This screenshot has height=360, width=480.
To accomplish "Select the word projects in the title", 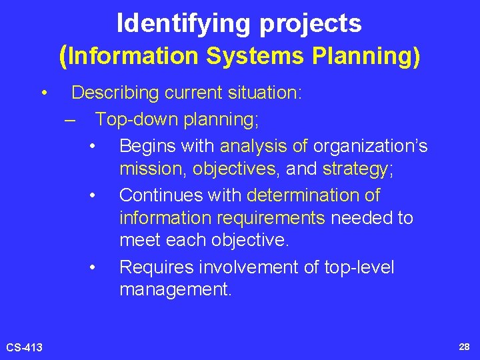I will [311, 24].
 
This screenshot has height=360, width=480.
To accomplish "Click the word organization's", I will [371, 146].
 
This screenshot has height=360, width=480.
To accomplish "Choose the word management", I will [175, 290].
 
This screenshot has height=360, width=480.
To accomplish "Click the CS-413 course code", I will [25, 347].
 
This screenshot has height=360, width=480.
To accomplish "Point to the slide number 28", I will [464, 347].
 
